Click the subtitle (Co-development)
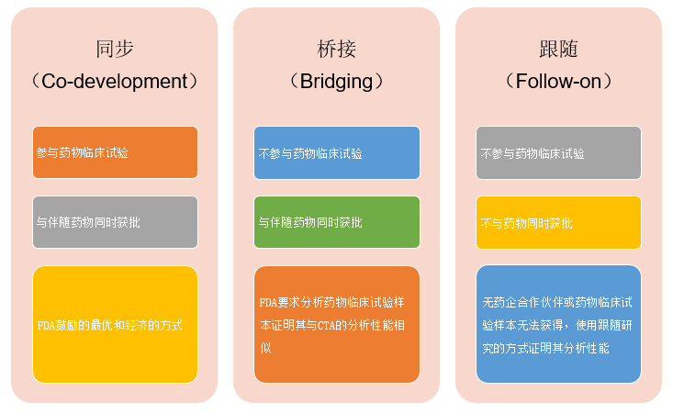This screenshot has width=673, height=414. tap(115, 81)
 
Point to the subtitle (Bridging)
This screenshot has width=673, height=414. tap(336, 81)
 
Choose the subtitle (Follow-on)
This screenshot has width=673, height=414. tap(558, 81)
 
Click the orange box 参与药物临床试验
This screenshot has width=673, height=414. tap(115, 152)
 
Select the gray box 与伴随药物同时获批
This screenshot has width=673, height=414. tap(115, 222)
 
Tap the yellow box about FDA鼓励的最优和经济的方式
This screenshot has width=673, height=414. tap(115, 324)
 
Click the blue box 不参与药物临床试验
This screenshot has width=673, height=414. tap(336, 152)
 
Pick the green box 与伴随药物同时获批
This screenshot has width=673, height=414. tap(336, 222)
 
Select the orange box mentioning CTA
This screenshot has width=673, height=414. tap(336, 324)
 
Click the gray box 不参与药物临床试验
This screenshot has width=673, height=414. tap(558, 152)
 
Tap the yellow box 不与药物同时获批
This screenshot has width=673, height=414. tap(558, 222)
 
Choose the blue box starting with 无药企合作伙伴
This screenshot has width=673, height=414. tap(558, 324)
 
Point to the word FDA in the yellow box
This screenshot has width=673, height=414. tap(46, 325)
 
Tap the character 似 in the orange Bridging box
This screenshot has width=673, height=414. tap(265, 348)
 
